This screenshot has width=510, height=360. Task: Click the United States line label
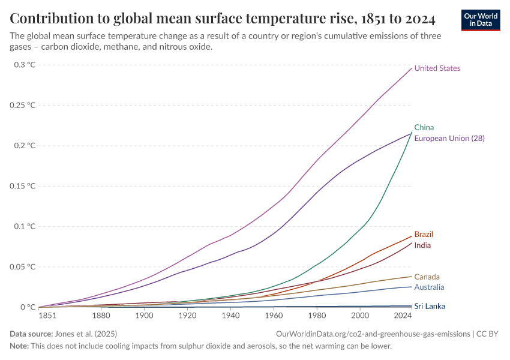[437, 68]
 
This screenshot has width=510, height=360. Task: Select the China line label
[424, 127]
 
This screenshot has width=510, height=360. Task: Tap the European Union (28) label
[449, 138]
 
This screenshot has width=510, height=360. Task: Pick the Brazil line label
[424, 234]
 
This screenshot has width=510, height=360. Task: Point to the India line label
[422, 245]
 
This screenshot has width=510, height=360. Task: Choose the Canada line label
[427, 277]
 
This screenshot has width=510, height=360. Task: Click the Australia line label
[429, 288]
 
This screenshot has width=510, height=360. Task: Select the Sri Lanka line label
[430, 306]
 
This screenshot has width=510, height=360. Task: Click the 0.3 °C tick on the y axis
[25, 65]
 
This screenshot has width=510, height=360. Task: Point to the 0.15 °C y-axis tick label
[22, 186]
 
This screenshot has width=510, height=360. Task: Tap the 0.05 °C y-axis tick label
[22, 266]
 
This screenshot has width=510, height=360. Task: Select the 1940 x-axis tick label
[230, 315]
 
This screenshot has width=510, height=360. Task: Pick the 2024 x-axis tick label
[403, 315]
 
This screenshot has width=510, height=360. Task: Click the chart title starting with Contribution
[223, 16]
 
